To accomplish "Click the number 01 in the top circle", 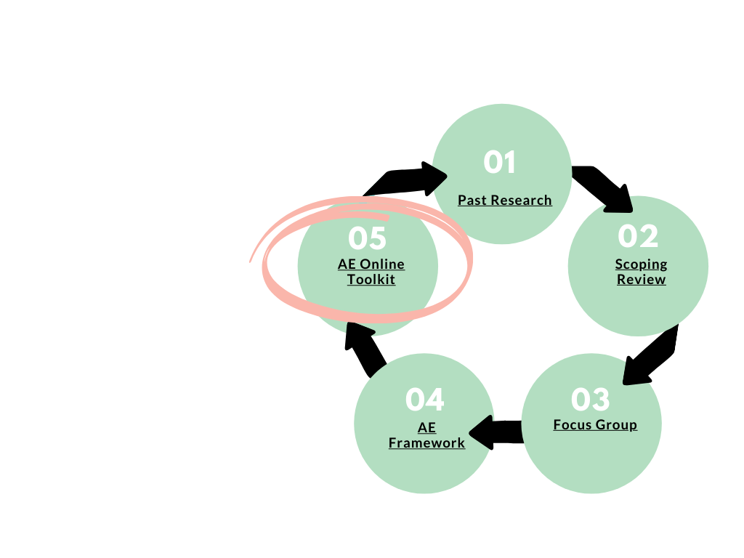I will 500,162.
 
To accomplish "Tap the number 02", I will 638,235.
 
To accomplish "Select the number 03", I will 591,399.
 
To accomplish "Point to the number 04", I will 425,400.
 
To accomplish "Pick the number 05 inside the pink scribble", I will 368,238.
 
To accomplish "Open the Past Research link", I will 505,201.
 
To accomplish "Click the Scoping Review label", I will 641,272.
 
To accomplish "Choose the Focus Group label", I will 595,425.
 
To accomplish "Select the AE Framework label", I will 426,435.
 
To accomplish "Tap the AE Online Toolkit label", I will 371,272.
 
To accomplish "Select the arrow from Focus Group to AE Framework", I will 496,432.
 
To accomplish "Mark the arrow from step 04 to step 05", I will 365,348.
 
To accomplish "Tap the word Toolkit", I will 371,280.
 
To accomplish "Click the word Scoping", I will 641,264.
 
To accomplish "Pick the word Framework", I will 426,443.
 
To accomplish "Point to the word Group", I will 616,425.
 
